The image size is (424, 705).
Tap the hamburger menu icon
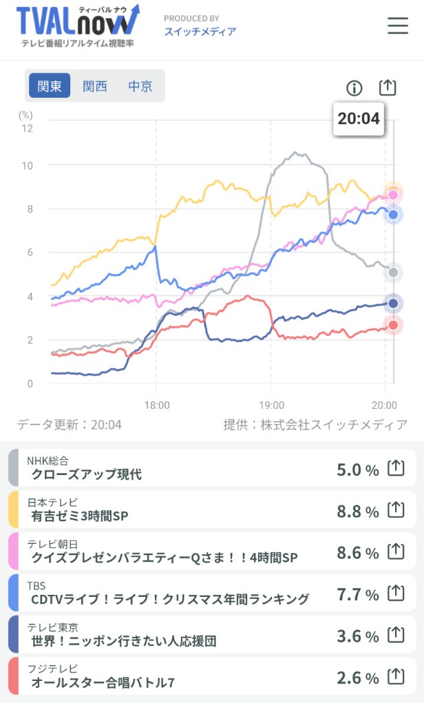398,25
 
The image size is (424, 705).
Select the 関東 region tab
50,86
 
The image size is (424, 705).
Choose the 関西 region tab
95,86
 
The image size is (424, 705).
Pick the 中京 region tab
140,86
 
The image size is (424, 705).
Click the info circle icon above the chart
354,88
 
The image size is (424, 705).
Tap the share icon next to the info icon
388,87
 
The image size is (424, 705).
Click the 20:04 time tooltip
359,118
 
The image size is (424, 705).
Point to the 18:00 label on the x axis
156,405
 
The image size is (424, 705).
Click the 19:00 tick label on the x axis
271,405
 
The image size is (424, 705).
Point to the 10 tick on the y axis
27,165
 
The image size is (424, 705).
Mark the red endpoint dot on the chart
393,325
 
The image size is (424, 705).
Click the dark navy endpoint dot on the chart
393,303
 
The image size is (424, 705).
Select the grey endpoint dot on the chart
393,273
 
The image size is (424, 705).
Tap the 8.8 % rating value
358,512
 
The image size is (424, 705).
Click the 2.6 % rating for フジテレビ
358,678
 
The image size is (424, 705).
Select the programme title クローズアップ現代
86,474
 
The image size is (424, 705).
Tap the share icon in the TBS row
395,593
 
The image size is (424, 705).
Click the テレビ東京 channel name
52,627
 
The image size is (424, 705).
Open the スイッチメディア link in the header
200,32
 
